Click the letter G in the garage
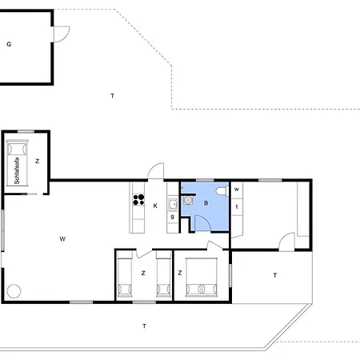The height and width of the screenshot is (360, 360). tap(9, 45)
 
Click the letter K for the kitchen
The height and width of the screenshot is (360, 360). tap(156, 206)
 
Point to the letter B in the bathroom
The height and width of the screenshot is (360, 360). tap(206, 204)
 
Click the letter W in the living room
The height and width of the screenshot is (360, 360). tap(62, 238)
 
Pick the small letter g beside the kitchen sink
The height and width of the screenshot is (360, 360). tap(172, 216)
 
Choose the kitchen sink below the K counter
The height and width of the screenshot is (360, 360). tap(172, 202)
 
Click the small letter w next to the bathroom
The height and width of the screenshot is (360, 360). tap(237, 190)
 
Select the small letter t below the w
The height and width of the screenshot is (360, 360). tap(237, 206)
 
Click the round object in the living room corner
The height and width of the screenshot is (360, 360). tap(14, 291)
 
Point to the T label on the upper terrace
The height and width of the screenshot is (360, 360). tap(113, 96)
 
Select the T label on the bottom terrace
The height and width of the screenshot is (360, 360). tap(144, 326)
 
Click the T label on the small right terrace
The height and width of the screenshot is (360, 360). tap(274, 275)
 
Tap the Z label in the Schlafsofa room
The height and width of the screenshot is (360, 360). tap(37, 162)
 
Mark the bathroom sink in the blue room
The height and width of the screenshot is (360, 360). tap(188, 202)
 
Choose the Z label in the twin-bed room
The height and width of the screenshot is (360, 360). tap(143, 274)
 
